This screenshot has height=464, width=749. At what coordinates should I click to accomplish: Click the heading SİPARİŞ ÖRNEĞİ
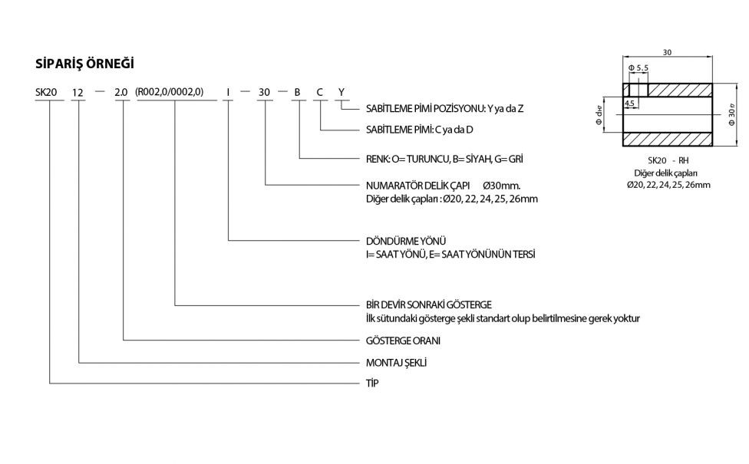[x=85, y=63]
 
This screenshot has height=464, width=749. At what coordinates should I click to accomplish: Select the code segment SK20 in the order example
[x=47, y=93]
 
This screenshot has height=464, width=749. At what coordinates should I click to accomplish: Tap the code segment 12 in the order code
[x=78, y=93]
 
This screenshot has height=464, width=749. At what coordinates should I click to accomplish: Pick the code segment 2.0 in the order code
[x=121, y=93]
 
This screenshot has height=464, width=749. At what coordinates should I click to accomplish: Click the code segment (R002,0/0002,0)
[x=169, y=93]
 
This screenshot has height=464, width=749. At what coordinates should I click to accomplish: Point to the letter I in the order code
[x=228, y=93]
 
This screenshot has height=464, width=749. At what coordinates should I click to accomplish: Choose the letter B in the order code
[x=297, y=93]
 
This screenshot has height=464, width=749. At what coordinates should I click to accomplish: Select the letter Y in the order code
[x=342, y=93]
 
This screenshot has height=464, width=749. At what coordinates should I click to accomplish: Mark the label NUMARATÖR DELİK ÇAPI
[x=414, y=186]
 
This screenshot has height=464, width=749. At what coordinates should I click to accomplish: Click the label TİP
[x=372, y=382]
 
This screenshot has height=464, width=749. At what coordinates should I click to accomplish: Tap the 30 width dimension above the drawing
[x=667, y=52]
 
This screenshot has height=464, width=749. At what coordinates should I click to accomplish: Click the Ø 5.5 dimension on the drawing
[x=638, y=68]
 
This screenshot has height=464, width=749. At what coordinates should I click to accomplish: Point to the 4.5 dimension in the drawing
[x=631, y=102]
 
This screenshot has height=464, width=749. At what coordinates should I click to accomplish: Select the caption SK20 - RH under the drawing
[x=667, y=162]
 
